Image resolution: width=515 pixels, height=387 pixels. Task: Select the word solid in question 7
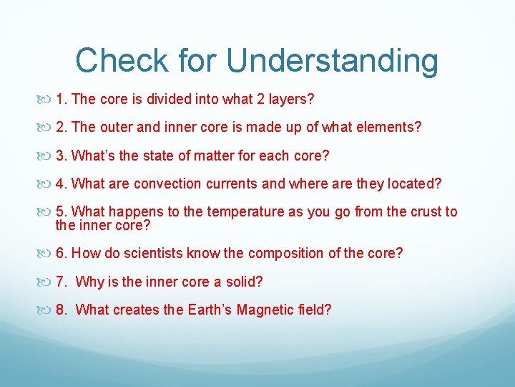click(x=242, y=282)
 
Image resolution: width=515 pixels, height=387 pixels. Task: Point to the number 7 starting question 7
click(x=61, y=282)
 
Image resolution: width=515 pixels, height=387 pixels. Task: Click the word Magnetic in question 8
click(x=274, y=310)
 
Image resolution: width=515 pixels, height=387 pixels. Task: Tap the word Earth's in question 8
click(x=212, y=310)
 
